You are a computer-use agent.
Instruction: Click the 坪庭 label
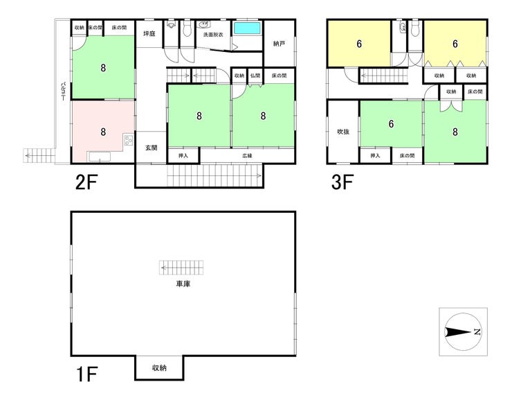[148, 34]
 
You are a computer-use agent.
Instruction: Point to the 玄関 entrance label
[151, 147]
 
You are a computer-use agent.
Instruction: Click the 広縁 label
[247, 156]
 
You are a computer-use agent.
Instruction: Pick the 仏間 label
[255, 75]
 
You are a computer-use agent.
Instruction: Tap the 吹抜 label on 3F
[342, 131]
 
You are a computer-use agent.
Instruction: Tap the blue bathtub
[246, 28]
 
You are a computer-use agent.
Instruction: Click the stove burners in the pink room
[128, 141]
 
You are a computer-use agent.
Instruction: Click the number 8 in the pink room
[102, 131]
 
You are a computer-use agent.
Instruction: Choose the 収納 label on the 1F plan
[159, 368]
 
